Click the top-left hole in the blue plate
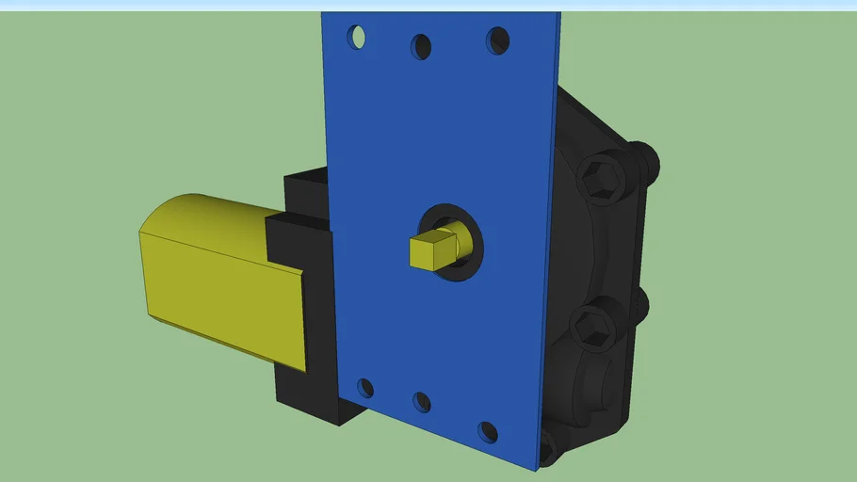tap(357, 37)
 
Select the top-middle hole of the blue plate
tap(421, 45)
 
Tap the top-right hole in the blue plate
tap(497, 40)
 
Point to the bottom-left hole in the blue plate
tap(365, 388)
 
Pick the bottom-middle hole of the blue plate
tap(422, 402)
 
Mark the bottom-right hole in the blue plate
tap(487, 432)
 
